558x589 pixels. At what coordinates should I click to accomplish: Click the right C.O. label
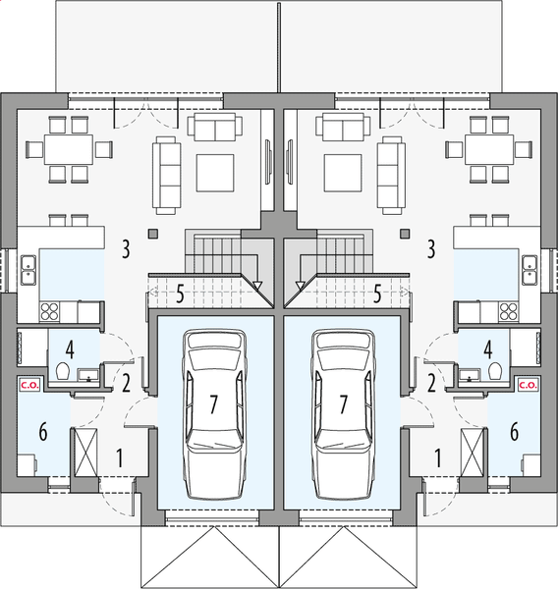[x=527, y=386]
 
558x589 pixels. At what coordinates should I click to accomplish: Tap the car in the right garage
[x=343, y=411]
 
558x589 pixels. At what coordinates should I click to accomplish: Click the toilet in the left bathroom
[x=62, y=371]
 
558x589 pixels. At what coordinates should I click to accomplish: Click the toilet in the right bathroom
[x=496, y=371]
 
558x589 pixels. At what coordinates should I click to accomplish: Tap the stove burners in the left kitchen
[x=49, y=311]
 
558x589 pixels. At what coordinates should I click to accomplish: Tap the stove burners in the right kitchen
[x=509, y=311]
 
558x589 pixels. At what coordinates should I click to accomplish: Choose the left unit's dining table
[x=69, y=150]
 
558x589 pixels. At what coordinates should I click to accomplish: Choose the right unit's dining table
[x=489, y=150]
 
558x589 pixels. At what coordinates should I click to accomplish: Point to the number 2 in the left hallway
[x=126, y=382]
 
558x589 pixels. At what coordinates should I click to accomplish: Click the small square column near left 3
[x=152, y=234]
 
